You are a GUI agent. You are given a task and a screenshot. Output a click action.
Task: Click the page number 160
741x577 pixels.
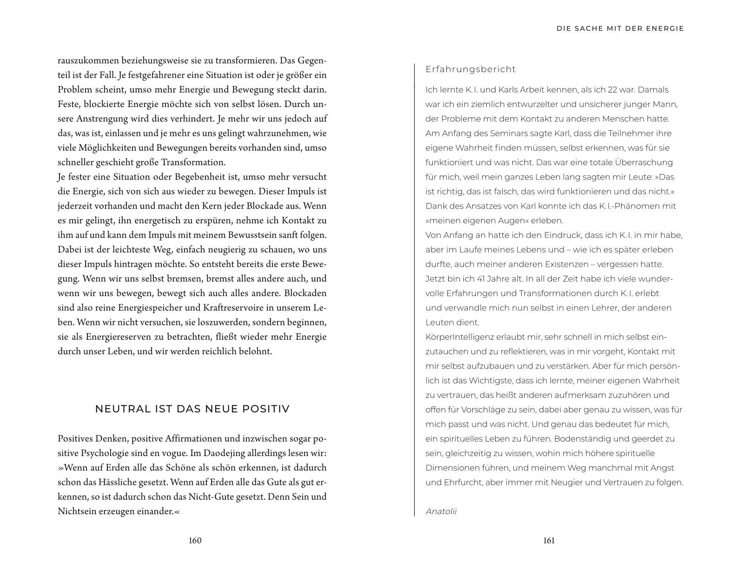coord(195,540)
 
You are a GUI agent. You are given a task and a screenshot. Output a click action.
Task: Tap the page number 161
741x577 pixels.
coord(549,540)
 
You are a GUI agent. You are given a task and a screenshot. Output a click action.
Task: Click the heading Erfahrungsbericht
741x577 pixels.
coord(470,69)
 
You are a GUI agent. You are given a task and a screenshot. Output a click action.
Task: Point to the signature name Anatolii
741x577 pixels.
coord(441,511)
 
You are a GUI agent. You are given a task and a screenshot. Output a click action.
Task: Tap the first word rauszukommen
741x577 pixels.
coord(88,60)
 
